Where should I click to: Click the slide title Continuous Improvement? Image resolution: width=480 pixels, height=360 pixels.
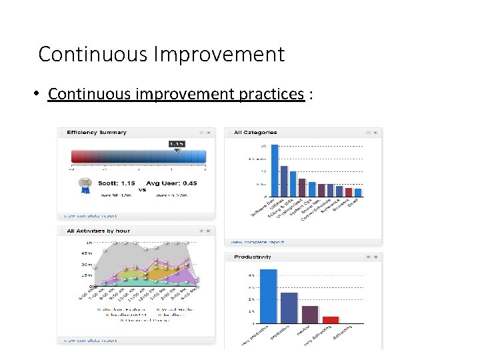coord(161,54)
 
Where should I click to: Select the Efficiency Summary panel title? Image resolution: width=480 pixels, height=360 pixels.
coord(96,133)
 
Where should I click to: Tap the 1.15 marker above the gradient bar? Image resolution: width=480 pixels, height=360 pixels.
coord(177,144)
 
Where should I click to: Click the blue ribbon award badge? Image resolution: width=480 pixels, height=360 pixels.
coord(85,184)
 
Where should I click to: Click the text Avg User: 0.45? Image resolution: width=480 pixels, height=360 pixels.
coord(171,183)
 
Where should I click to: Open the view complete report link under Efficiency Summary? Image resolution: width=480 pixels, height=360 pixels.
coord(89,216)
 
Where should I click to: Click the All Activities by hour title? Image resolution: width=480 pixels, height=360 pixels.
coord(98,231)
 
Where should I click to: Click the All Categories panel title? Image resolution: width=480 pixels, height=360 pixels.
coord(255,133)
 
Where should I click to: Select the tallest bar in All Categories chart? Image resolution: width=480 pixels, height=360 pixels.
coord(274,170)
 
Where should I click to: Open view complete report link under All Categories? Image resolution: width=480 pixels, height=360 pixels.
coord(257,242)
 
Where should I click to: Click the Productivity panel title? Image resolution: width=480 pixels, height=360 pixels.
coord(253,257)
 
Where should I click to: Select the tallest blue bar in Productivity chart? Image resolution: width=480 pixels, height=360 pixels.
coord(268,296)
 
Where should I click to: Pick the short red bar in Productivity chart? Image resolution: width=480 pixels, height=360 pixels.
coord(331,319)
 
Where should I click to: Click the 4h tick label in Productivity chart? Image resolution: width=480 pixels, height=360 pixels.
coord(251,275)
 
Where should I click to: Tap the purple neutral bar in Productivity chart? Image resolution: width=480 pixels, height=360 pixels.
coord(310,314)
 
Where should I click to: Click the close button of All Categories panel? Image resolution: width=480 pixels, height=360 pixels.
coord(376,133)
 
